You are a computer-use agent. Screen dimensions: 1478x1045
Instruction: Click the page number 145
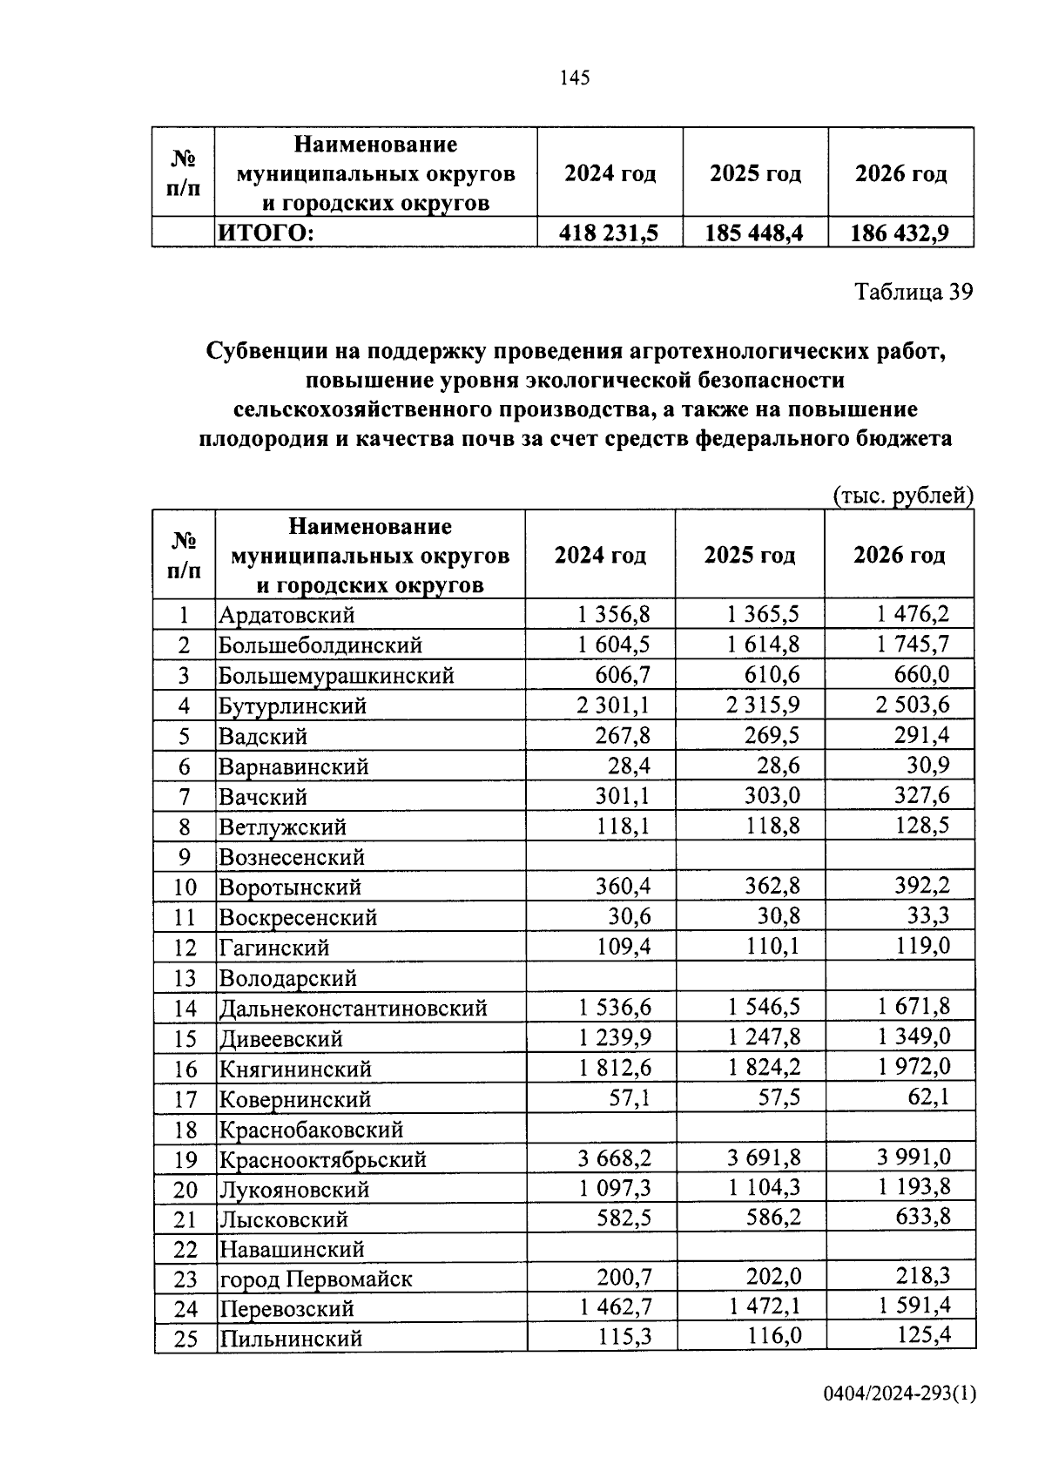(x=575, y=78)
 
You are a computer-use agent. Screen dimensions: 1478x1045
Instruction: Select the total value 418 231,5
(x=609, y=233)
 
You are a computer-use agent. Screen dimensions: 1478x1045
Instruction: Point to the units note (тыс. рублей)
(x=902, y=496)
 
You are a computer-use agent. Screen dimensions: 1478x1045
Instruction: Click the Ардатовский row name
(x=287, y=615)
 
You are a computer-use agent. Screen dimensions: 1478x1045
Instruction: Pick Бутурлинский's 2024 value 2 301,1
(x=613, y=705)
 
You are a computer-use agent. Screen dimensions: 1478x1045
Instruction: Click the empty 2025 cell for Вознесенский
(x=750, y=857)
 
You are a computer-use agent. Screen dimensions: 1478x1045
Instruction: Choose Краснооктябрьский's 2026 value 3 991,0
(x=913, y=1157)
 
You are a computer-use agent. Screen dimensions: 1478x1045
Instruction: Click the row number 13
(x=185, y=978)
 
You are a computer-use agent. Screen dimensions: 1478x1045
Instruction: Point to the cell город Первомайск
(x=315, y=1279)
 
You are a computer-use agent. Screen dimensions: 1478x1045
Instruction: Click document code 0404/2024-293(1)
(x=900, y=1394)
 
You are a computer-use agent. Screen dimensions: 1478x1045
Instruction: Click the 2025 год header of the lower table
(x=749, y=555)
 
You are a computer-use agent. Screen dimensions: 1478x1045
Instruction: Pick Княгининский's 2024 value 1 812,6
(x=614, y=1067)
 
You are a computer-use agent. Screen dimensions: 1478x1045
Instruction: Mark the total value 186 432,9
(x=900, y=233)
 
